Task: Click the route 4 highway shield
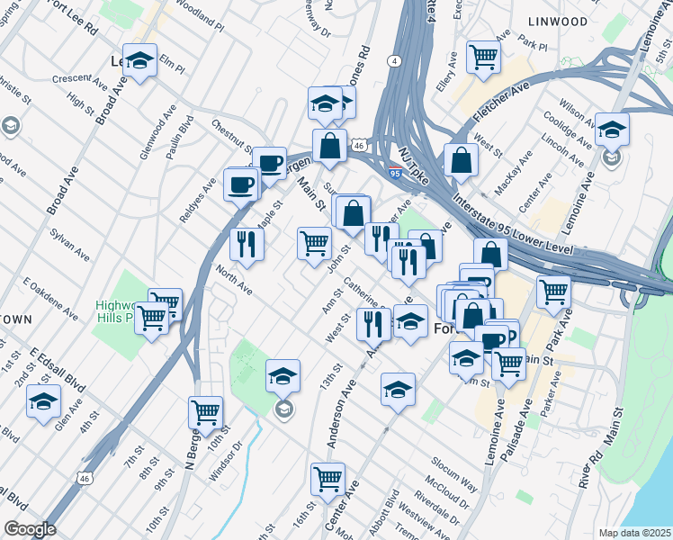pyautogui.click(x=395, y=61)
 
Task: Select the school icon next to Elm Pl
pyautogui.click(x=139, y=61)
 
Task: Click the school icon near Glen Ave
pyautogui.click(x=42, y=402)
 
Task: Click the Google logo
pyautogui.click(x=29, y=529)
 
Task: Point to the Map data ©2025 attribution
pyautogui.click(x=634, y=533)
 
